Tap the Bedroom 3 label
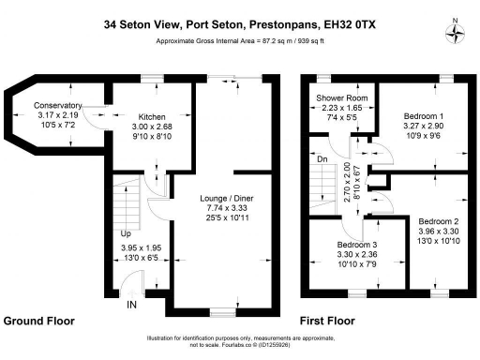[356, 246]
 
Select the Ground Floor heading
[39, 321]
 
